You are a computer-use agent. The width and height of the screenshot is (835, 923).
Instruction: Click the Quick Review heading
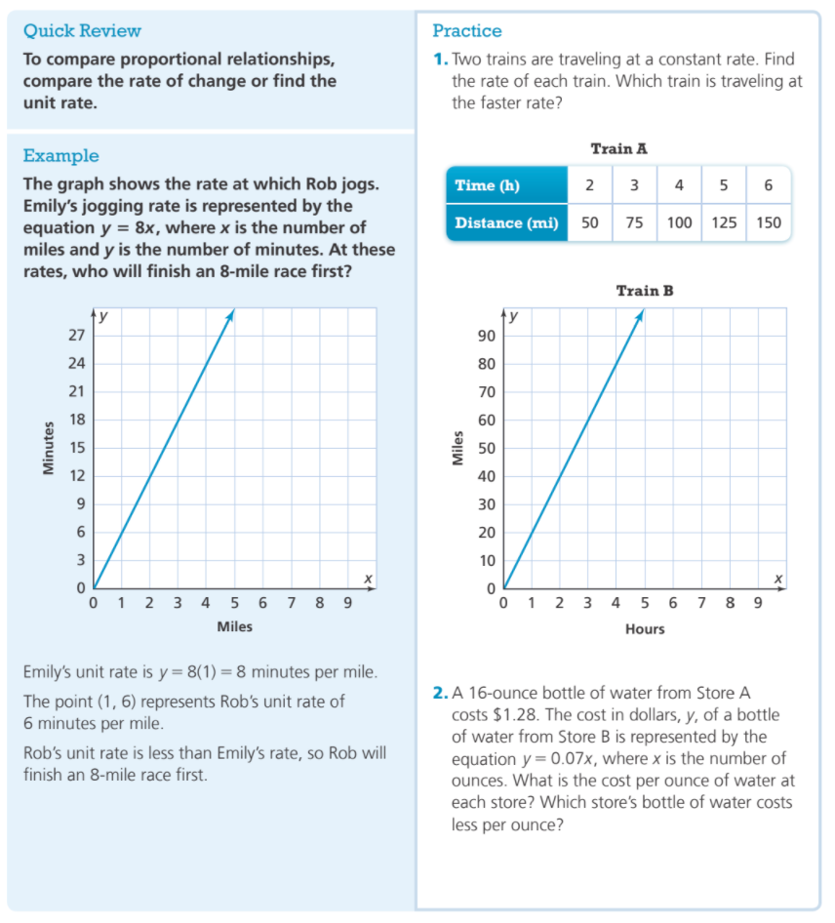(x=82, y=31)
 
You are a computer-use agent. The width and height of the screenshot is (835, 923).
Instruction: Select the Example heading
(x=60, y=156)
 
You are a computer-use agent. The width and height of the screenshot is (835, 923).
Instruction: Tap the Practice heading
(x=467, y=31)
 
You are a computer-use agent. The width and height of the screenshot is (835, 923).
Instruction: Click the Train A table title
(x=619, y=149)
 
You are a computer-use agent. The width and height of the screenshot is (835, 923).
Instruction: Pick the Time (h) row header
(x=488, y=185)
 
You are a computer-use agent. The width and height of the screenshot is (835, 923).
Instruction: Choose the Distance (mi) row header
(x=506, y=222)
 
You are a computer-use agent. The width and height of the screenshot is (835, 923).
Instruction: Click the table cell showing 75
(x=634, y=222)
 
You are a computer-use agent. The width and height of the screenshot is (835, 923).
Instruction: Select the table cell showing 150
(x=769, y=222)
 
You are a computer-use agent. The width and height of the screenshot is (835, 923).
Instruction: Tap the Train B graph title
(x=645, y=291)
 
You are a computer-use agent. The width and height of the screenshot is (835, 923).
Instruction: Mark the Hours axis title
(x=645, y=629)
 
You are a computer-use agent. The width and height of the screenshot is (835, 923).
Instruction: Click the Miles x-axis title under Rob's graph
(x=234, y=626)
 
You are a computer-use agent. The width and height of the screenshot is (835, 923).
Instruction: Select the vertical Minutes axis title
(x=45, y=448)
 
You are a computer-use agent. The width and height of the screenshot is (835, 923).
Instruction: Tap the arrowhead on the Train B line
(x=641, y=314)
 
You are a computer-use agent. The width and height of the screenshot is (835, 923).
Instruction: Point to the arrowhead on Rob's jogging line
(x=231, y=314)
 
